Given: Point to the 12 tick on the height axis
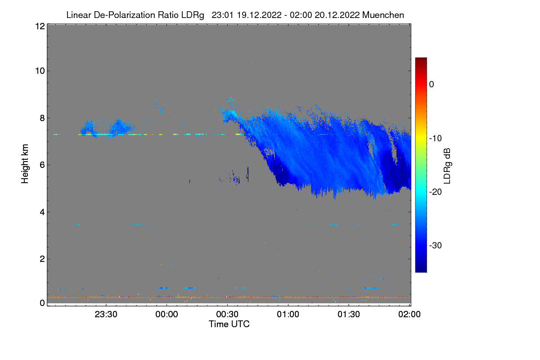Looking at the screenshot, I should coord(40,26).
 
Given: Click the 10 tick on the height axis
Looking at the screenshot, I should coord(40,71).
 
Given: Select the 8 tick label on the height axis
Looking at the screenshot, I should coord(42,118).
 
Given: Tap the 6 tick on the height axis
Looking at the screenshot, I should coord(42,165).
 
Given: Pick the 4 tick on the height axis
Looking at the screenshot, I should coord(42,212).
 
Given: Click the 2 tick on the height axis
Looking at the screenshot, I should coord(42,259).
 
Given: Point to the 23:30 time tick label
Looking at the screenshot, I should coord(106,315).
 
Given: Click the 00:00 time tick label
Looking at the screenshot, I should coord(167,315).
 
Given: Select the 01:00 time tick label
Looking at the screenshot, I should coord(288,315).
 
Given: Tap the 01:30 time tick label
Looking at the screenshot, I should coord(349,315).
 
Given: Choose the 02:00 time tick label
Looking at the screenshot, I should coord(409,315).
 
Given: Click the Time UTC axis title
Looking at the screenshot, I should coord(229,324).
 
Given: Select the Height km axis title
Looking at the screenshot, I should coord(25,165).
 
